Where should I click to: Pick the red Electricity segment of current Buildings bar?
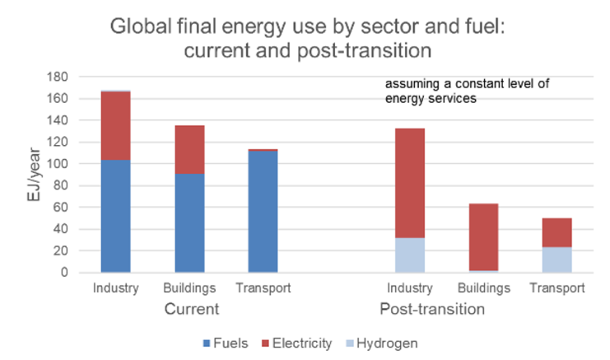189,149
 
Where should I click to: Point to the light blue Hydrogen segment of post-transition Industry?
409,255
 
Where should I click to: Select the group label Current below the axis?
190,310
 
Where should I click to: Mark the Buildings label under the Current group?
189,288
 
